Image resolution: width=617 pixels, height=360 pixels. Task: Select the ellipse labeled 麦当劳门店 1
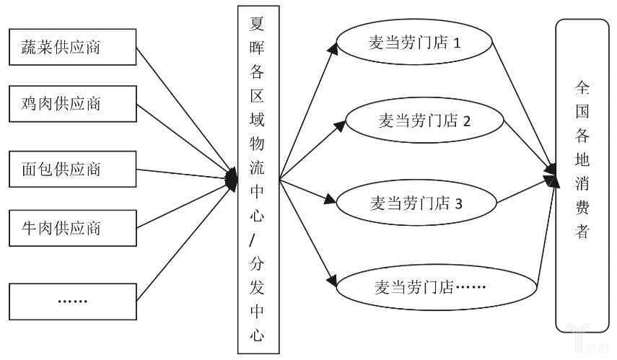point(415,44)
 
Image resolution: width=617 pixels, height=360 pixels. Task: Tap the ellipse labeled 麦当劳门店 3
point(416,203)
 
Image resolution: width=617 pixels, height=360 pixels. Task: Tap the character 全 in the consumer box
point(582,89)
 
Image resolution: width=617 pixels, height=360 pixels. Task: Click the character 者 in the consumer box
point(582,232)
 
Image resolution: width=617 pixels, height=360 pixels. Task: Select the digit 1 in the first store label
point(457,44)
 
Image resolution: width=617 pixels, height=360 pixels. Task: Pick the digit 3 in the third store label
point(458,203)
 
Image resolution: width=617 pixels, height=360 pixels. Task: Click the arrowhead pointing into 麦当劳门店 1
point(333,48)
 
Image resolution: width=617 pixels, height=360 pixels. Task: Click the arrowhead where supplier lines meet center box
point(232,178)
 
